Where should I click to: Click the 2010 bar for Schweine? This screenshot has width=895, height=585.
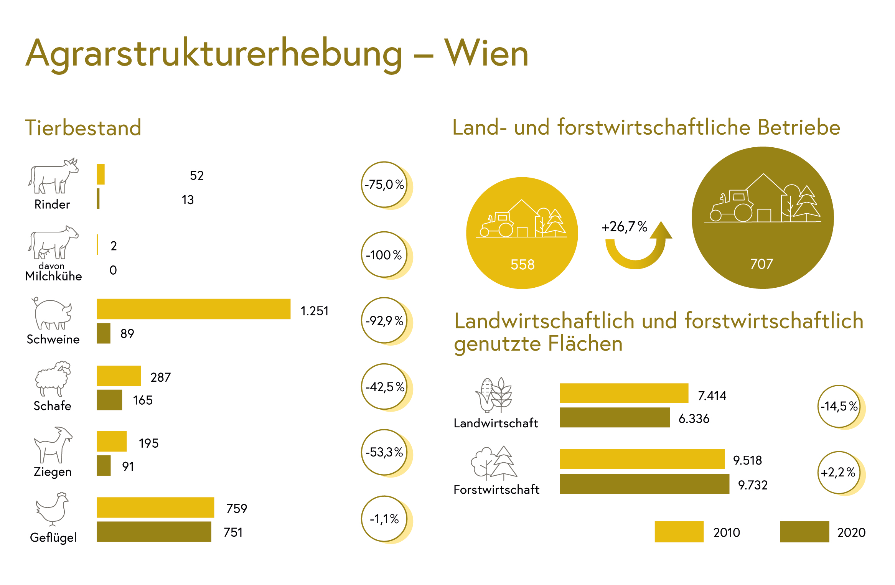coord(193,309)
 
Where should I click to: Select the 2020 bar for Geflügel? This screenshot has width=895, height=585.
coord(154,532)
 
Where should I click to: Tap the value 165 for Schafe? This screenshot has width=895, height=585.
coord(143,400)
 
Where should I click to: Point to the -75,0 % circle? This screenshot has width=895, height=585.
coord(384,185)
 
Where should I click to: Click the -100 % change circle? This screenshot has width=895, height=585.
coord(384,255)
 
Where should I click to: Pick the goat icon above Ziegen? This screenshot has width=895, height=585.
coord(53,445)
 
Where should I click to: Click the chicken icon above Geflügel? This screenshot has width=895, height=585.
coord(53,509)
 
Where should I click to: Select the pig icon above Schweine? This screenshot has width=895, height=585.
coord(52,313)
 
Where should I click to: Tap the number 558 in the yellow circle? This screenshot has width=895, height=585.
coord(522,265)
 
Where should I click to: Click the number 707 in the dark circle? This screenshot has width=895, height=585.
coord(762,264)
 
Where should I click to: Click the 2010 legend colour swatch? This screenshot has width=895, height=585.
coord(679,532)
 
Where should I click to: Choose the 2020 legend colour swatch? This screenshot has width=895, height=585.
coord(804,532)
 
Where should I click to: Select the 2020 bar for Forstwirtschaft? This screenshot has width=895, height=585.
coord(644,484)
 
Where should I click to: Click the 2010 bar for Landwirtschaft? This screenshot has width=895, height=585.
coord(624,393)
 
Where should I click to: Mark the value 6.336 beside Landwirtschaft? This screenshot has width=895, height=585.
coord(694,419)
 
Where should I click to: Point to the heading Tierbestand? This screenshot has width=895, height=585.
coord(83,128)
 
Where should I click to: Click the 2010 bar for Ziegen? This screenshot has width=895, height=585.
coord(112,442)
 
